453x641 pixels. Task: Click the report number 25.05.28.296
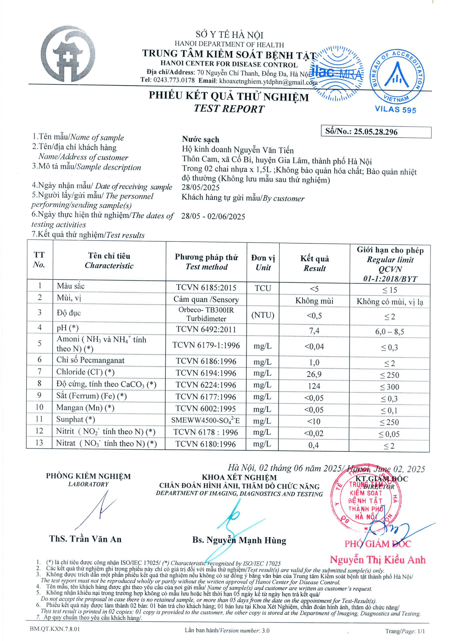pyautogui.click(x=375, y=132)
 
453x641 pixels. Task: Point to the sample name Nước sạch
pyautogui.click(x=200, y=139)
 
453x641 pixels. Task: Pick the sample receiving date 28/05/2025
pyautogui.click(x=200, y=187)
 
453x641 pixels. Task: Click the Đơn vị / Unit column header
pyautogui.click(x=263, y=263)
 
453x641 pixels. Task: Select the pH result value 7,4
pyautogui.click(x=314, y=331)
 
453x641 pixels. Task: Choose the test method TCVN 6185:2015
pyautogui.click(x=206, y=287)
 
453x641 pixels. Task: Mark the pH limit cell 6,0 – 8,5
pyautogui.click(x=389, y=332)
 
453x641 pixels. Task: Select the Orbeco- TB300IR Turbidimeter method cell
pyautogui.click(x=206, y=314)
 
